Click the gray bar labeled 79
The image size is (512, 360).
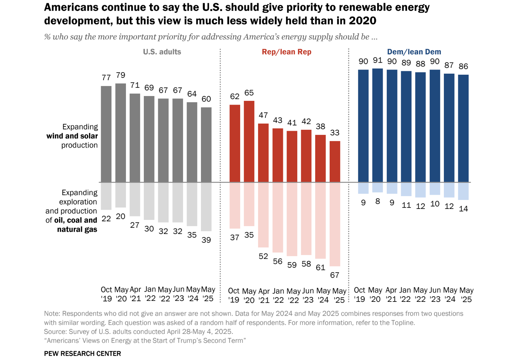[120, 133]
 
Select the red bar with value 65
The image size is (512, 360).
[249, 141]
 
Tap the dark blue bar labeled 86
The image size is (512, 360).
[463, 128]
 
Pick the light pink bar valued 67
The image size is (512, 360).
[335, 224]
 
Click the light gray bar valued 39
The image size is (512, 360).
[206, 207]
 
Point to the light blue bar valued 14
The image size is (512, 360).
[463, 191]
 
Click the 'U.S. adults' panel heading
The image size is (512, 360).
[162, 52]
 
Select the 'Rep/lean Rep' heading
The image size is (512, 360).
[286, 52]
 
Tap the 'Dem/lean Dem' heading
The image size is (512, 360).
[414, 52]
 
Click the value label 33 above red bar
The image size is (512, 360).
[335, 133]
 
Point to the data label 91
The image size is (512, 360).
[378, 61]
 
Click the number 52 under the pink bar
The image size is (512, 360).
[263, 256]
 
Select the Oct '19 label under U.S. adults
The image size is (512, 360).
[106, 294]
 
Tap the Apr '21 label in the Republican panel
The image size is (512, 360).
[264, 295]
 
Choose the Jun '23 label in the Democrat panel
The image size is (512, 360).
[435, 295]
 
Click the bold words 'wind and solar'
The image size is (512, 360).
[72, 136]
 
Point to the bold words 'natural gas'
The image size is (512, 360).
[77, 230]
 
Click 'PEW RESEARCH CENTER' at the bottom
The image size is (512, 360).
[83, 353]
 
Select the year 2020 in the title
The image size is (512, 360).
[363, 21]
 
